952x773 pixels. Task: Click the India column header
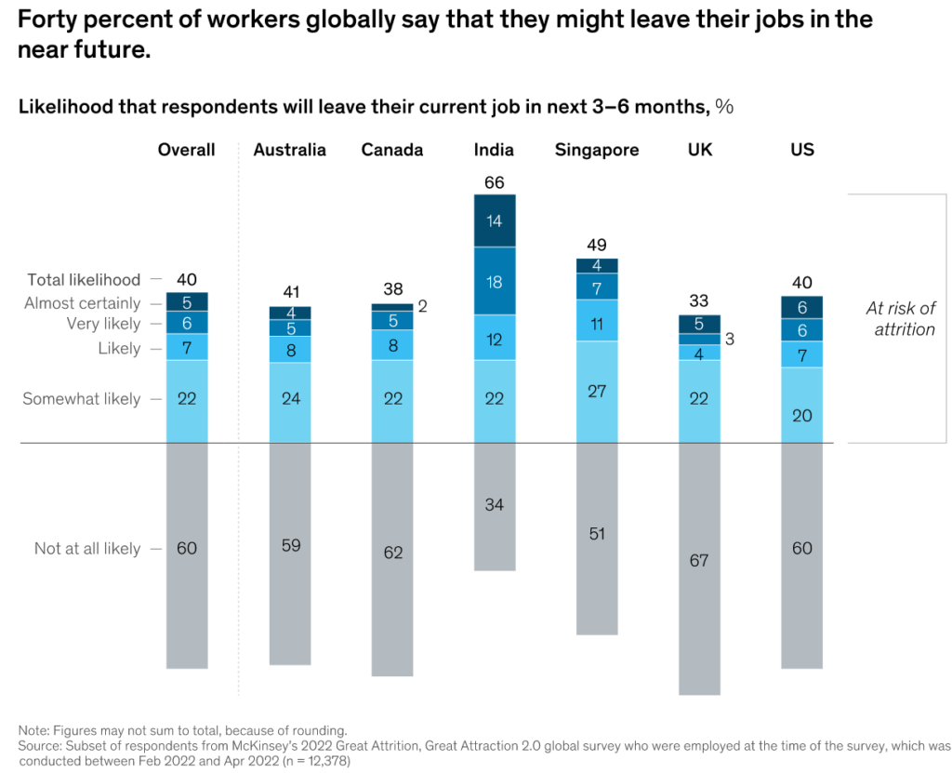coord(494,150)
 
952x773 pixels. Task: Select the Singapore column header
coord(597,150)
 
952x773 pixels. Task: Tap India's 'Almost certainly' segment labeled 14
coord(495,220)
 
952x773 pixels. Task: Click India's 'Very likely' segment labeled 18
coord(495,281)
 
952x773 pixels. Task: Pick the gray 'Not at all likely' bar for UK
coord(699,568)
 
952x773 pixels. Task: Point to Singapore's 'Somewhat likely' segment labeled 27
coord(597,392)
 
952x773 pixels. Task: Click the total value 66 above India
coord(495,182)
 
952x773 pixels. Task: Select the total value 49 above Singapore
coord(597,245)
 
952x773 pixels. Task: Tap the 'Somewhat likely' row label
coord(82,399)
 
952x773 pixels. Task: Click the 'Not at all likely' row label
coord(87,548)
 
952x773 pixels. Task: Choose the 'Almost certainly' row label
coord(82,302)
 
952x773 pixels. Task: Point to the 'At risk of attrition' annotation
coord(901,318)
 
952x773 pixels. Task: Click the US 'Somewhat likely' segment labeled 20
coord(802,406)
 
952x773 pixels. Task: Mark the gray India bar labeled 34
coord(495,507)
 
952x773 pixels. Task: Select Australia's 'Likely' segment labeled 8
coord(290,350)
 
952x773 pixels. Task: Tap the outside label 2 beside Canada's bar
coord(423,306)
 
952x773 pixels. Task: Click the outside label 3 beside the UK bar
coord(730,340)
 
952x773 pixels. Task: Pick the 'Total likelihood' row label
coord(84,280)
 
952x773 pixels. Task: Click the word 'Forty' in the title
coord(47,20)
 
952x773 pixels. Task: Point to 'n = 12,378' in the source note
coord(317,761)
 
